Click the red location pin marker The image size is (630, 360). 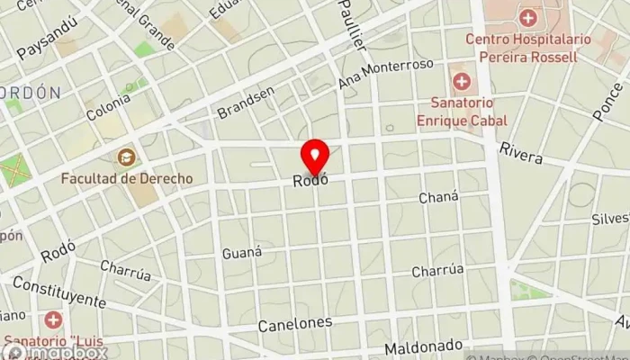315,157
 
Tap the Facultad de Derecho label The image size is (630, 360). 126,178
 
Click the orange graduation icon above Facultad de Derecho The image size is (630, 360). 126,157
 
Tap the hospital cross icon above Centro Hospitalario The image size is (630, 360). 527,18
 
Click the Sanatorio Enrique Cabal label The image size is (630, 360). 462,112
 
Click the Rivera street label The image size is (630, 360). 522,153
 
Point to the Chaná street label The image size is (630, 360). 439,197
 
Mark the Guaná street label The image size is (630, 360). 241,252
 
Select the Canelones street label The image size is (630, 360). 294,323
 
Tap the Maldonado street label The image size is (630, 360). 423,347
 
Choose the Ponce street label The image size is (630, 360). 607,103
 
